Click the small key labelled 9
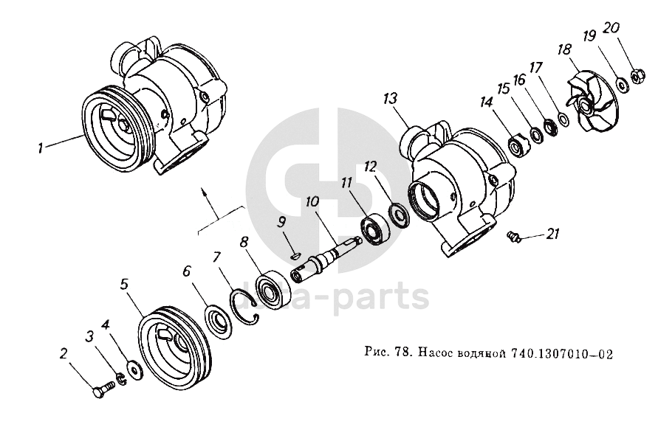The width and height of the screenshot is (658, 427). click(294, 256)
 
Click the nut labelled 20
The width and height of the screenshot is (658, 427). click(635, 75)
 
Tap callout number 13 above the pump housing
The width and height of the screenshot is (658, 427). click(391, 99)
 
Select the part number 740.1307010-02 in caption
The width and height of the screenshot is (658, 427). click(561, 353)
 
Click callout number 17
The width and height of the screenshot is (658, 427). click(535, 66)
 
